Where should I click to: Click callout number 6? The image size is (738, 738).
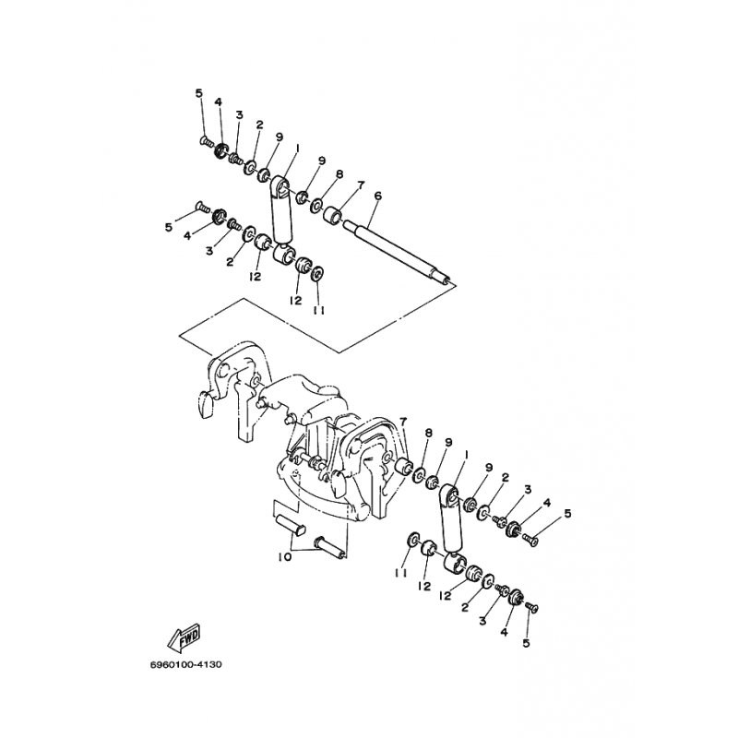[378, 196]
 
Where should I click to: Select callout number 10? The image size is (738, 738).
[285, 557]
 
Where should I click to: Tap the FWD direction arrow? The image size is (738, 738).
[184, 637]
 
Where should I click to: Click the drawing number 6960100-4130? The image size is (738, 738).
[185, 664]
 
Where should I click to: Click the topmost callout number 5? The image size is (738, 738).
[199, 93]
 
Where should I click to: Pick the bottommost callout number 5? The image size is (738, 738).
[526, 642]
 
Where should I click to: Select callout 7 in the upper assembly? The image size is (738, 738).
[361, 185]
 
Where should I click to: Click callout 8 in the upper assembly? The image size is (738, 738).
[339, 174]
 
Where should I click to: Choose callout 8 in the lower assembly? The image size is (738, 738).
[428, 433]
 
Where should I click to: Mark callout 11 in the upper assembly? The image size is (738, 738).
[319, 311]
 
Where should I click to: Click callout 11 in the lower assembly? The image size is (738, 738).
[401, 573]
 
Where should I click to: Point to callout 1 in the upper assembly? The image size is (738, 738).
[297, 149]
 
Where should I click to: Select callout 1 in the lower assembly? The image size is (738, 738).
[466, 455]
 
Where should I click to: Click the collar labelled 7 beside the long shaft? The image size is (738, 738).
[332, 217]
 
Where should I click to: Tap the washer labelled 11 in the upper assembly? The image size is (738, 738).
[318, 274]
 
